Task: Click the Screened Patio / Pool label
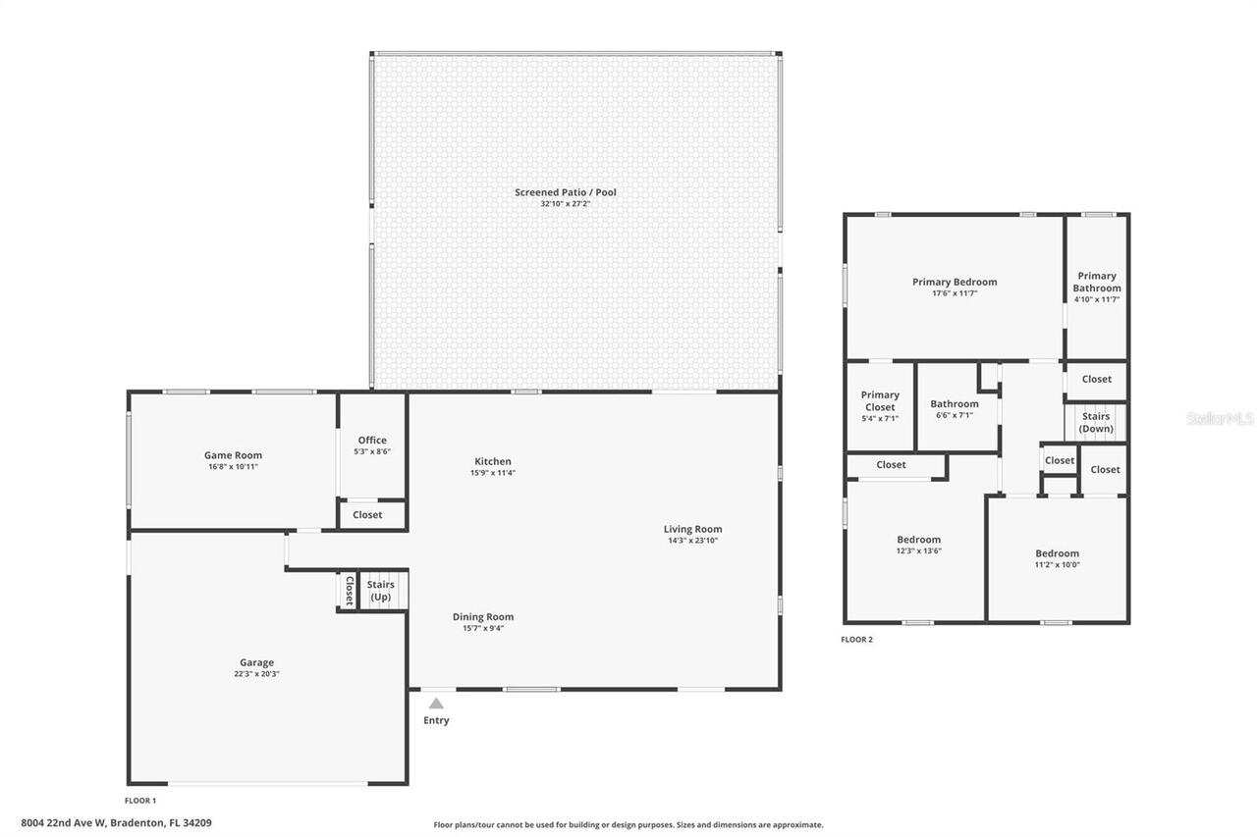click(x=565, y=192)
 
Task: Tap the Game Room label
click(x=233, y=455)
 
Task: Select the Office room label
click(x=372, y=441)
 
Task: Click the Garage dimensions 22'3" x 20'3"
click(x=256, y=674)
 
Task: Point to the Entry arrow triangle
click(x=436, y=703)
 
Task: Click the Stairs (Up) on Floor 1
click(x=381, y=591)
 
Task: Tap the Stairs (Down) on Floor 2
click(x=1096, y=423)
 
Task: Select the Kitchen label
click(x=492, y=461)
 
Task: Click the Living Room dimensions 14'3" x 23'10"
click(x=692, y=541)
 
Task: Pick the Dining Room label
click(x=482, y=617)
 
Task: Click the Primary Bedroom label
click(x=954, y=283)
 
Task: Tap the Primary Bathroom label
click(x=1096, y=283)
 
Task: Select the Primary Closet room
click(x=880, y=401)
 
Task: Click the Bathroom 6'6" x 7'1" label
click(x=954, y=404)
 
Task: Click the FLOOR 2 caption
click(x=856, y=640)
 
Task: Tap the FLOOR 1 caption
click(x=140, y=801)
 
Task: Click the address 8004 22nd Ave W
click(x=116, y=823)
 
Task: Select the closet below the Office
click(x=367, y=514)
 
